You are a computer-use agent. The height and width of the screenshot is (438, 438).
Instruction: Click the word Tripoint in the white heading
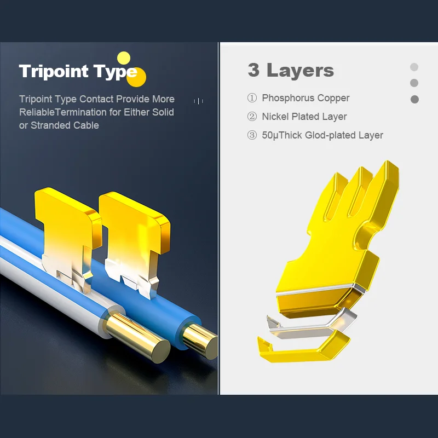coord(54,71)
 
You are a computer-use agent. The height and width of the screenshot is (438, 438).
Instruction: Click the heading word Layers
coord(300,70)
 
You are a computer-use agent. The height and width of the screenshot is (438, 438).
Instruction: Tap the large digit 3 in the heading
coord(253,70)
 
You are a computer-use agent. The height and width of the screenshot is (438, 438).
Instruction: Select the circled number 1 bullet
coord(252,98)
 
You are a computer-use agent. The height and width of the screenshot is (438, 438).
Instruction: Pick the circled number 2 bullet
coord(252,117)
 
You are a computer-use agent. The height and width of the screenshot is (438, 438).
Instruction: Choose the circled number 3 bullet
coord(252,135)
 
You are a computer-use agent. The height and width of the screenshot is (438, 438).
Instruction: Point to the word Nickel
coord(275,117)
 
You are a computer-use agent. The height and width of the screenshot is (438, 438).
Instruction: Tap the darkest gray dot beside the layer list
coord(414,99)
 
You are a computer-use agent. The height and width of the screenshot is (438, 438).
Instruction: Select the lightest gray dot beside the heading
coord(414,67)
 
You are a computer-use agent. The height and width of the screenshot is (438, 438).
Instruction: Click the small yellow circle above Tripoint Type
coord(124,58)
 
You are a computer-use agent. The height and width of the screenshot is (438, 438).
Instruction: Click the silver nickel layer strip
coord(310,325)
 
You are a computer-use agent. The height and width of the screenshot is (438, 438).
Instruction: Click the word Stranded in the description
coord(50,125)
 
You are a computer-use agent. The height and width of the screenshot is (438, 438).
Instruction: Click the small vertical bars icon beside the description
coord(199,101)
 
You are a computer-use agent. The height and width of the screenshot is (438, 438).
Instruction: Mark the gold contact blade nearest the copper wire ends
coord(135,240)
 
